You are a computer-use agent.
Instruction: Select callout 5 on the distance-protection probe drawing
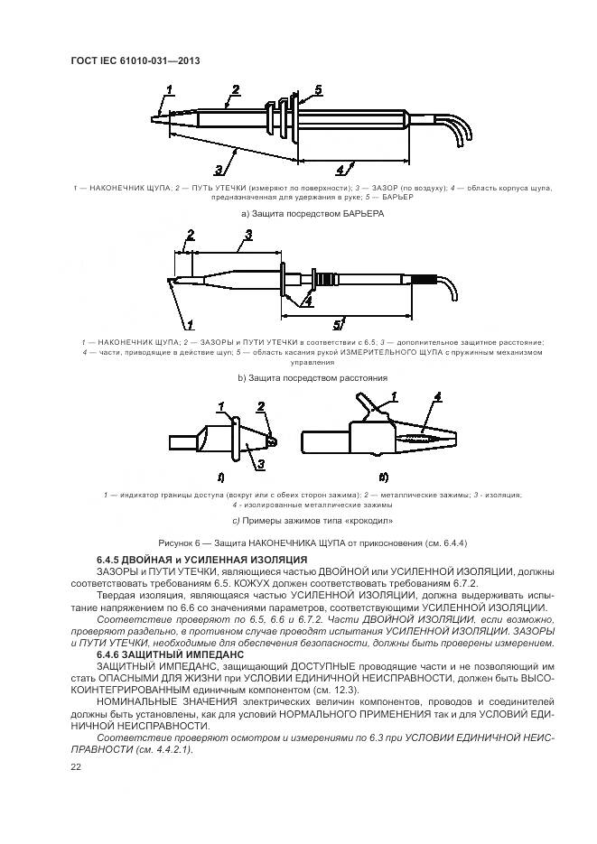336,323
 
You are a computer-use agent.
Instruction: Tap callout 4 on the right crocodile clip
437,397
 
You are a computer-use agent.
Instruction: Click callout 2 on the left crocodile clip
264,408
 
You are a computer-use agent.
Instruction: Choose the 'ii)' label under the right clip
383,477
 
